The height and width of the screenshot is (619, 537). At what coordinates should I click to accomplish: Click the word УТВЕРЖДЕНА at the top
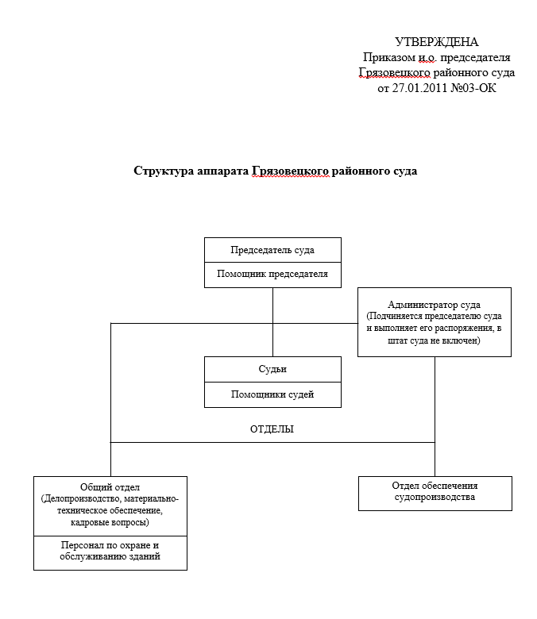[x=437, y=42]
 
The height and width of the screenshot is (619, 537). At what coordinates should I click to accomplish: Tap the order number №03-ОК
[x=475, y=88]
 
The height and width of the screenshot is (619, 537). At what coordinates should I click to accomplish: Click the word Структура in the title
[x=164, y=171]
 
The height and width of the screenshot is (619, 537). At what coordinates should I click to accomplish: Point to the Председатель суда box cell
[x=272, y=250]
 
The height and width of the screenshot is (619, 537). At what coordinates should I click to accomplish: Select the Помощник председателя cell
[x=272, y=275]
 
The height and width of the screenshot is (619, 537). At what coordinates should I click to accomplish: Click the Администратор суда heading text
[x=434, y=304]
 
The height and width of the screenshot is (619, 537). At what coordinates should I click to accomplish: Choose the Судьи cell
[x=272, y=370]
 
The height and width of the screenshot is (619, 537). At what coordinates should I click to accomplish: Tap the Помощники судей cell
[x=272, y=394]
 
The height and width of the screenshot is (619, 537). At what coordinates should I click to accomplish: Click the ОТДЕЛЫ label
[x=272, y=429]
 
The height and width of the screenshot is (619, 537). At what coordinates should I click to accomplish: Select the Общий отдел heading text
[x=110, y=486]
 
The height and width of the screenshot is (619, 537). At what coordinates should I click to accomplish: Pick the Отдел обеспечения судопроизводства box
[x=435, y=492]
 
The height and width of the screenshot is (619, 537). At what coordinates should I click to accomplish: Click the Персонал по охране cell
[x=110, y=552]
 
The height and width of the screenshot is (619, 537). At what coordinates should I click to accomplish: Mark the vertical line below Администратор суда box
[x=435, y=397]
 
